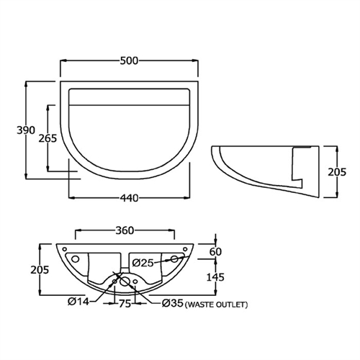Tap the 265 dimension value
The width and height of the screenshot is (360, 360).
pyautogui.click(x=36, y=139)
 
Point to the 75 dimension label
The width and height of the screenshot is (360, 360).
pyautogui.click(x=125, y=304)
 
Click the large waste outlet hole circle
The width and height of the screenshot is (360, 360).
pyautogui.click(x=124, y=282)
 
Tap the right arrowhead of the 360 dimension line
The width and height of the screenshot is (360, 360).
pyautogui.click(x=173, y=230)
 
